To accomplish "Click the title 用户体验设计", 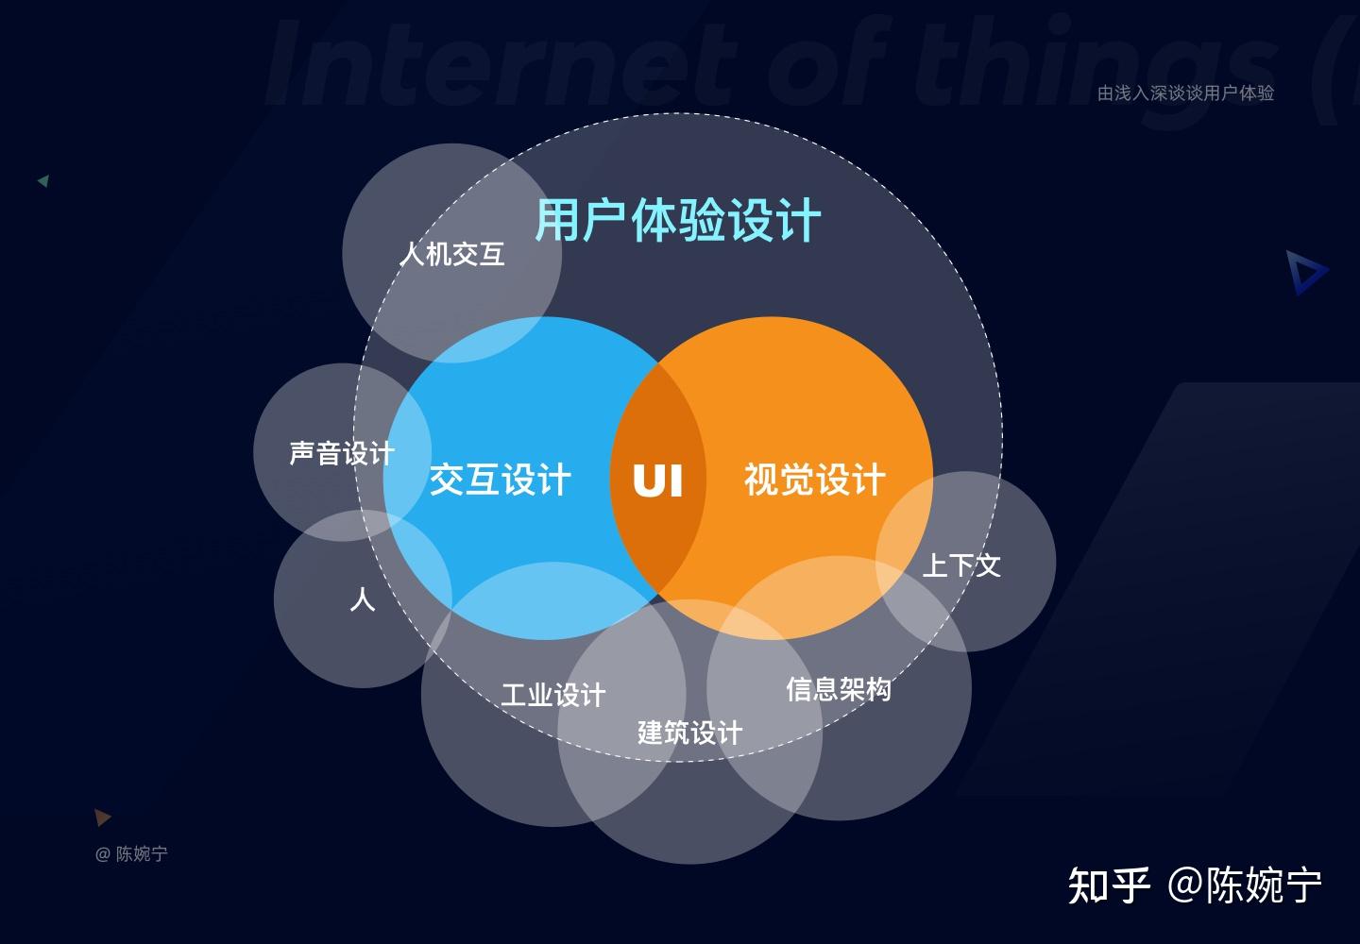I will click(678, 220).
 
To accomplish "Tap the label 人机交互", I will click(451, 254).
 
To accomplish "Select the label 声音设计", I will click(342, 453).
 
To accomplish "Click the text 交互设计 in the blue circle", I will click(501, 480).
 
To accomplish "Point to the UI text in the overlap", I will click(657, 480).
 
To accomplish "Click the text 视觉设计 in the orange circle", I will click(814, 480).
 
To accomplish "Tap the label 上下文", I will click(960, 565).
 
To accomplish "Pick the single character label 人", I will click(363, 599).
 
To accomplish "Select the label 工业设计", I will click(552, 696).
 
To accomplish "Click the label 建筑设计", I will click(689, 733).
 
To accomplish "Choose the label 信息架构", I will click(839, 689).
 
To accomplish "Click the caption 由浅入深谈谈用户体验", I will click(1185, 93).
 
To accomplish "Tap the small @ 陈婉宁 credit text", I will click(131, 854).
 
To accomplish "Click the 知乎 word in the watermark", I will click(1109, 885).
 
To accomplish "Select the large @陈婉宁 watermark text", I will click(1245, 885).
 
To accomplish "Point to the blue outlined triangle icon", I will click(1306, 273).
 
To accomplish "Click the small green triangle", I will click(43, 180).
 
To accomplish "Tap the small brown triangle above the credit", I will click(102, 817).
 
